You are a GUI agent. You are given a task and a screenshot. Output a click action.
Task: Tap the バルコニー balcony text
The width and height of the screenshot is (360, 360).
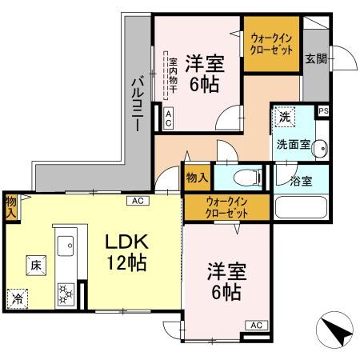137,103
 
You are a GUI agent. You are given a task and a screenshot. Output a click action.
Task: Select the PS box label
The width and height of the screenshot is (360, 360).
323,111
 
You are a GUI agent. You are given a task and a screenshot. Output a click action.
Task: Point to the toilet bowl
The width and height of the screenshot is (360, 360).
246,178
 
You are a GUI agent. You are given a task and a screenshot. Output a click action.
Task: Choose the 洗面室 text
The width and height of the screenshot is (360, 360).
293,145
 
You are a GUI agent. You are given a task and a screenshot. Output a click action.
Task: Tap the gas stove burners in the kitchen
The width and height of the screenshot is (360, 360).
65,294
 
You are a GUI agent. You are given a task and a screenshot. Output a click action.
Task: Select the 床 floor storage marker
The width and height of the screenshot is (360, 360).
36,263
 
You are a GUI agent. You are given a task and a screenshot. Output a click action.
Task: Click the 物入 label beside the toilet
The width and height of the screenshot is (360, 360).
196,176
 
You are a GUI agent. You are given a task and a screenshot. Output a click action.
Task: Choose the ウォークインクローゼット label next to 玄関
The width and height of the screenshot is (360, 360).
271,42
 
